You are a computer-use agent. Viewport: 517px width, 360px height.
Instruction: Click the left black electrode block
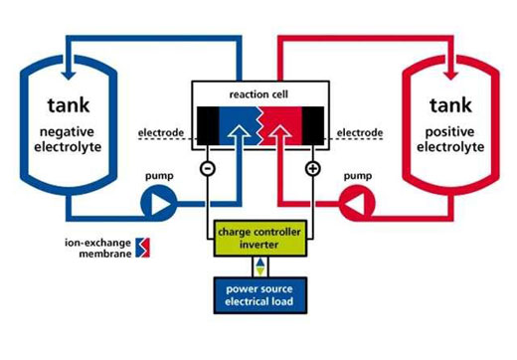(x=210, y=125)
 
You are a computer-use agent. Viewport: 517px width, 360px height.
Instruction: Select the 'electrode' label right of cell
(x=359, y=129)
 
